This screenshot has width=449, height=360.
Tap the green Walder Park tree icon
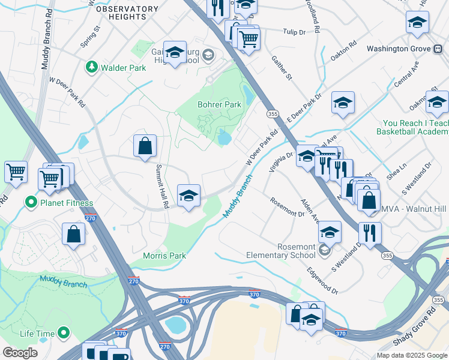pyautogui.click(x=92, y=68)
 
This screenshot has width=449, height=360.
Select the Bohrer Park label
pyautogui.click(x=219, y=104)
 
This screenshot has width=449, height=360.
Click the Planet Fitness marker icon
pyautogui.click(x=30, y=203)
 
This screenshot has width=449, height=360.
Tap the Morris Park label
pyautogui.click(x=164, y=256)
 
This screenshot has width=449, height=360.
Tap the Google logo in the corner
pyautogui.click(x=20, y=353)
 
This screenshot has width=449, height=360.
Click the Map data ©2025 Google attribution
pyautogui.click(x=411, y=355)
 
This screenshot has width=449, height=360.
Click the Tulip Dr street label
pyautogui.click(x=294, y=31)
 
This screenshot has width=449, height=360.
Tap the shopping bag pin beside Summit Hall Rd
pyautogui.click(x=145, y=145)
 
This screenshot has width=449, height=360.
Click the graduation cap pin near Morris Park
pyautogui.click(x=188, y=195)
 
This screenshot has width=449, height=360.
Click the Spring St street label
pyautogui.click(x=89, y=38)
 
